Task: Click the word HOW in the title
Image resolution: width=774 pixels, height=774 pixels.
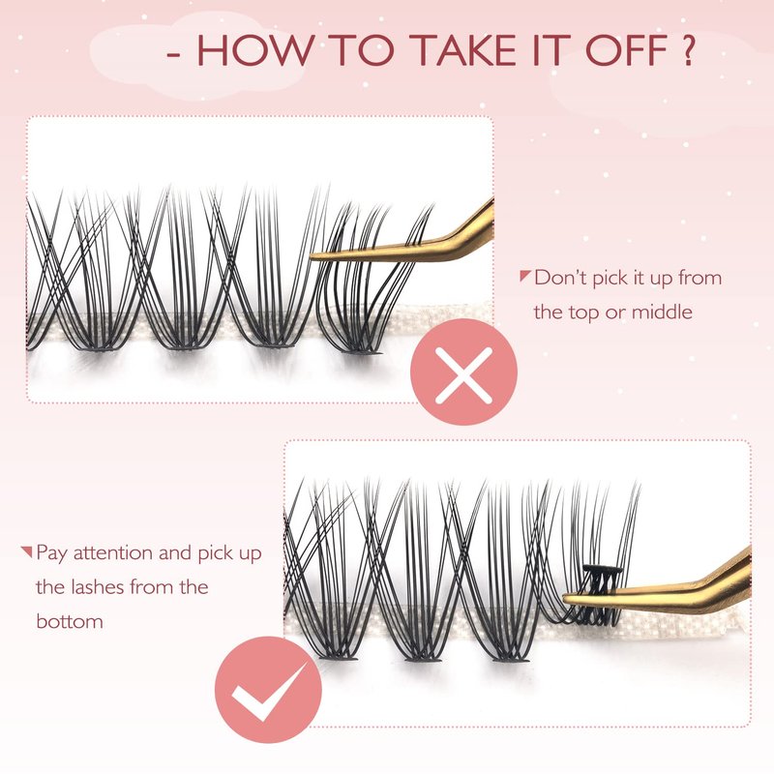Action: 255,50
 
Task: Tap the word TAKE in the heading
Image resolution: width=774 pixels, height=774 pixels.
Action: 465,50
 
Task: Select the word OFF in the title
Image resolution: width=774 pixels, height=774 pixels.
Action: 627,50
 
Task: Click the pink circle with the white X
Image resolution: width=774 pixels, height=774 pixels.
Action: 463,372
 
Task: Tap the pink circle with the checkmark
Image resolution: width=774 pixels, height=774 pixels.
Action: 268,689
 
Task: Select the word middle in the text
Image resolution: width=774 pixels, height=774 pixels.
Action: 662,312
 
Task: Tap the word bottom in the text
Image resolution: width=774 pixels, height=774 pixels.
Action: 70,621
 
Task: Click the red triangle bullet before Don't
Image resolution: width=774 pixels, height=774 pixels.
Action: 525,276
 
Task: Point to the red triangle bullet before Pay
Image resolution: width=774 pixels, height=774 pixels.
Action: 27,551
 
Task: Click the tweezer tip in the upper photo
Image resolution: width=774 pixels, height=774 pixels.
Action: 312,255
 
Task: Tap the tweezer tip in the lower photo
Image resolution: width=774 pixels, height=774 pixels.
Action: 566,598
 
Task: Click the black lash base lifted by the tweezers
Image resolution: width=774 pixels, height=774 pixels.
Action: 602,570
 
